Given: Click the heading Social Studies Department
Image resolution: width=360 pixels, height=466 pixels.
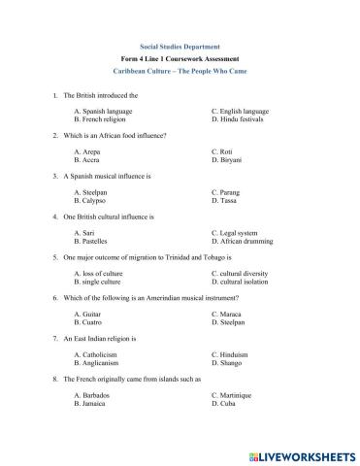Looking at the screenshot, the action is coord(180,46).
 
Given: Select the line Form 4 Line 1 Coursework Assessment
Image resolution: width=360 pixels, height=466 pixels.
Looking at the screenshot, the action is coord(180,59).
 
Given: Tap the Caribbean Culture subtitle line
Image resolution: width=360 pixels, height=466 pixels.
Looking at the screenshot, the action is coord(180,73).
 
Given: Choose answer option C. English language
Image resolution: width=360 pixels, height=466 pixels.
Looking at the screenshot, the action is coord(241,112).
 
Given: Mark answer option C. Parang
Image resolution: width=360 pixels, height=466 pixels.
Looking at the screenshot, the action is coord(229,192).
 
